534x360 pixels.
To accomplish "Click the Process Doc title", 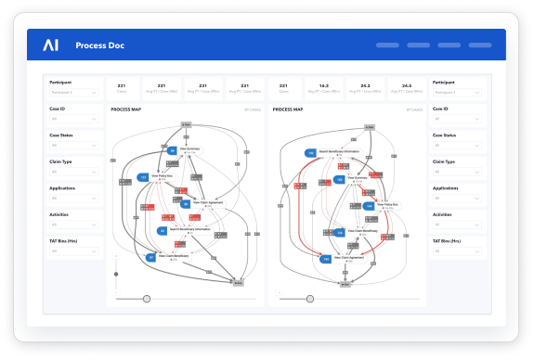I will [101, 45].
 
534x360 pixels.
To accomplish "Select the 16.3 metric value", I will [324, 84].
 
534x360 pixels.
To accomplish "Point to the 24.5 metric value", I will [406, 84].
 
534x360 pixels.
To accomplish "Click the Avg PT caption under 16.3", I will [324, 92].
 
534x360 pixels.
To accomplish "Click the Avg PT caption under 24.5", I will [406, 92].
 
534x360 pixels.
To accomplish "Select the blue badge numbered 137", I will [143, 176].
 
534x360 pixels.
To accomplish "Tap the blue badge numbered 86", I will [172, 149].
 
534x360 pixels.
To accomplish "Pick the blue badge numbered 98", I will [185, 203].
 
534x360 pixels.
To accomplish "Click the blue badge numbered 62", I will [163, 229].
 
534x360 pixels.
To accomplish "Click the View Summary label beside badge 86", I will [190, 148].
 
